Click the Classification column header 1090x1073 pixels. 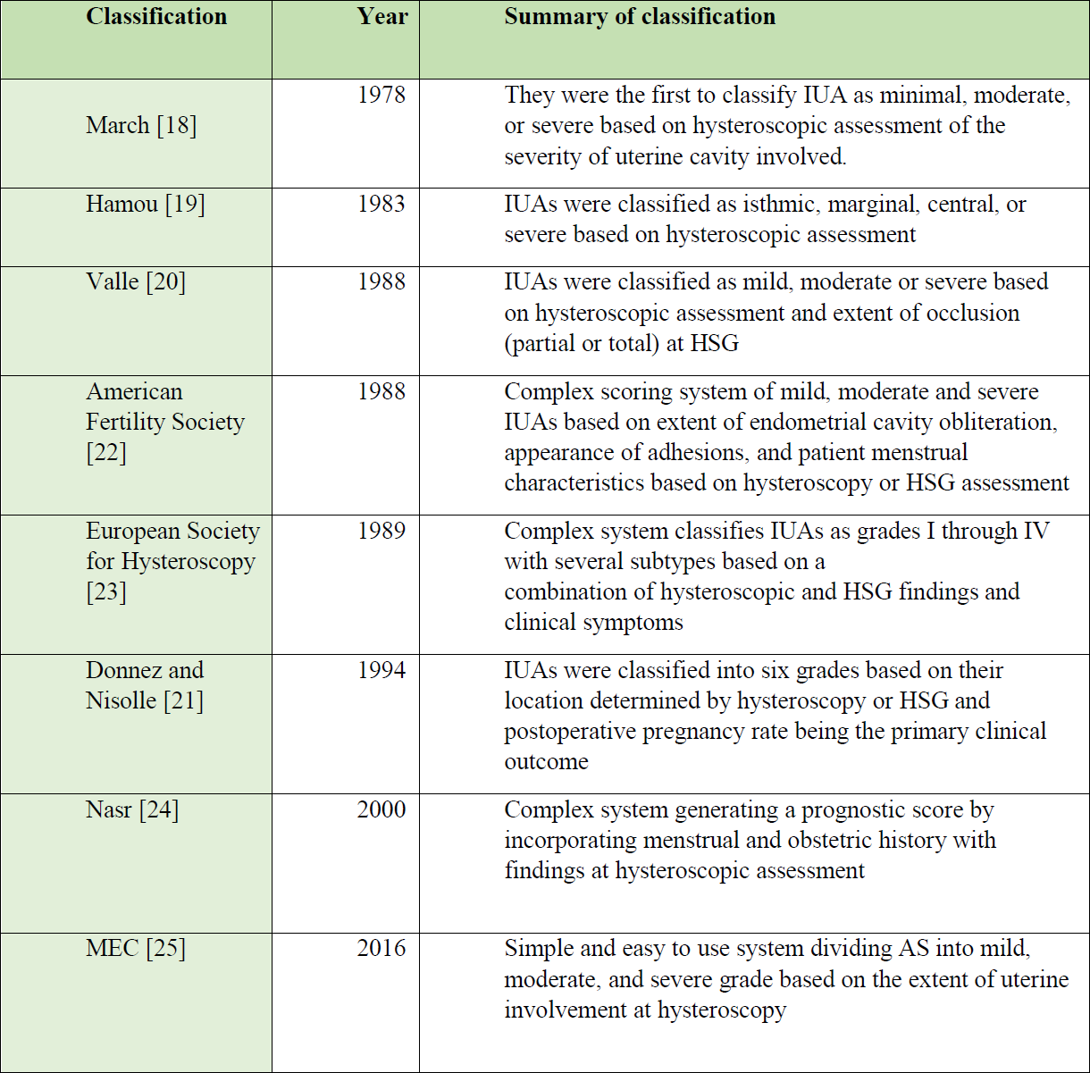[156, 16]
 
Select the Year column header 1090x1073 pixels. [381, 16]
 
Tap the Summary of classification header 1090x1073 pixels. [640, 16]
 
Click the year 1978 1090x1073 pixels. [381, 95]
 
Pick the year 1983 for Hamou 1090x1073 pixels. [381, 204]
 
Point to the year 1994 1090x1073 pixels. [381, 670]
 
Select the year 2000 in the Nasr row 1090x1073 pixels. [381, 809]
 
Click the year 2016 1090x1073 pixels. [381, 948]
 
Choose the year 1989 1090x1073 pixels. [381, 531]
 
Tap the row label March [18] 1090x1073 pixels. [141, 126]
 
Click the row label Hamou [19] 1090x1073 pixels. [146, 205]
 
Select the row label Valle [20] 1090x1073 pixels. [136, 281]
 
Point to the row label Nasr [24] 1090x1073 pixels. [132, 810]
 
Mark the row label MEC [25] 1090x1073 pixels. [136, 949]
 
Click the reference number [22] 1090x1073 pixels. [106, 453]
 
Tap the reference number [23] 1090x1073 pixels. [106, 592]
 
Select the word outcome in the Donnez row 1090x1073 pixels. [547, 762]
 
